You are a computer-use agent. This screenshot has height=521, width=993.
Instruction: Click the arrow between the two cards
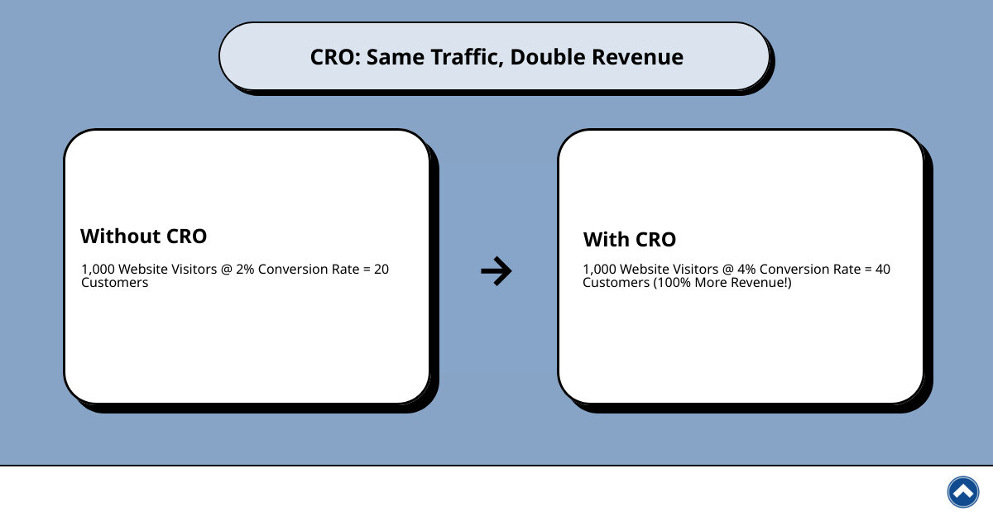pyautogui.click(x=496, y=270)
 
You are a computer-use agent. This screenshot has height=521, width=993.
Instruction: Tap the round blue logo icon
pyautogui.click(x=962, y=492)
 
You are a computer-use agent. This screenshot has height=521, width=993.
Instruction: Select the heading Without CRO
pyautogui.click(x=143, y=236)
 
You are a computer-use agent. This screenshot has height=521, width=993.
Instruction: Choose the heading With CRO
pyautogui.click(x=630, y=240)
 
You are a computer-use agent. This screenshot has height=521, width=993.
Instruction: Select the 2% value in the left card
pyautogui.click(x=245, y=270)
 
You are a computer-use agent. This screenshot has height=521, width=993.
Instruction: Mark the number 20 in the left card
pyautogui.click(x=381, y=270)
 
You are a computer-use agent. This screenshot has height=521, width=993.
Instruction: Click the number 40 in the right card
pyautogui.click(x=883, y=270)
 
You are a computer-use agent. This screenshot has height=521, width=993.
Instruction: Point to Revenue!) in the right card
pyautogui.click(x=761, y=283)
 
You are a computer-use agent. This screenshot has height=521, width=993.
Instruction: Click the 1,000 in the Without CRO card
pyautogui.click(x=97, y=270)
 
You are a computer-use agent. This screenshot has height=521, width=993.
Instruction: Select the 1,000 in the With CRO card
pyautogui.click(x=598, y=270)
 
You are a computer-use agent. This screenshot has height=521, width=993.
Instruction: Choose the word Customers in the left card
pyautogui.click(x=115, y=283)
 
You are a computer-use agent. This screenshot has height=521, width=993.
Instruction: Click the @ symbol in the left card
pyautogui.click(x=227, y=270)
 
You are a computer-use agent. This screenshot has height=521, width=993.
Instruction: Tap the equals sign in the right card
pyautogui.click(x=866, y=270)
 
